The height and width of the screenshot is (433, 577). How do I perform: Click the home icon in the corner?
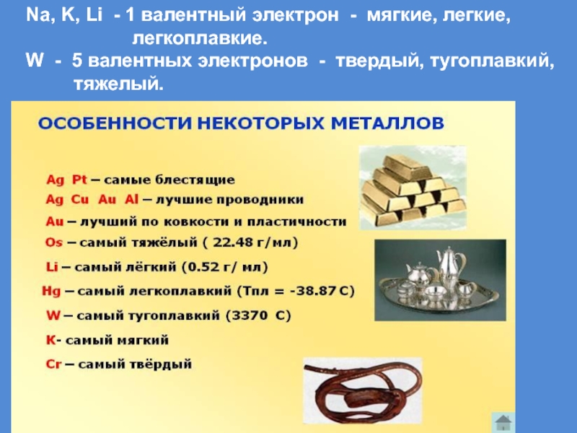click(503, 422)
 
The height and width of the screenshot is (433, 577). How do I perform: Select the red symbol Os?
click(53, 242)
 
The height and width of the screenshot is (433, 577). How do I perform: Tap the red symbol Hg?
click(51, 292)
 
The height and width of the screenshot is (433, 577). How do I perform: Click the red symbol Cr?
click(53, 364)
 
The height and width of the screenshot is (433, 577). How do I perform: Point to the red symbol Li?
click(52, 266)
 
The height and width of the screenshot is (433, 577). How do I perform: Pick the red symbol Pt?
click(79, 180)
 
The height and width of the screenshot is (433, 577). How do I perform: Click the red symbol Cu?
click(80, 200)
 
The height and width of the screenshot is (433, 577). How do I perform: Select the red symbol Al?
click(131, 200)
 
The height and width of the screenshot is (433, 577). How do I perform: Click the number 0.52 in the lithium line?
click(204, 266)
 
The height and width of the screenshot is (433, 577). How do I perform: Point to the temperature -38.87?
click(312, 291)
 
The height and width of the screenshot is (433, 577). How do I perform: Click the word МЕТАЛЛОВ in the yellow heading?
click(387, 123)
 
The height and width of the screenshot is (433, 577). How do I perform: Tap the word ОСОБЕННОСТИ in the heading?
click(115, 123)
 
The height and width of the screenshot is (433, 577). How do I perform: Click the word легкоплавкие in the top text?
click(200, 38)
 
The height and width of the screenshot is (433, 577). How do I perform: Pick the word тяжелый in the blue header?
click(118, 84)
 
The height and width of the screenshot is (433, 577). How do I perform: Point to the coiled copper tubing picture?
click(363, 390)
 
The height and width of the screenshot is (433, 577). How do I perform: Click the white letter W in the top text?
click(35, 61)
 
